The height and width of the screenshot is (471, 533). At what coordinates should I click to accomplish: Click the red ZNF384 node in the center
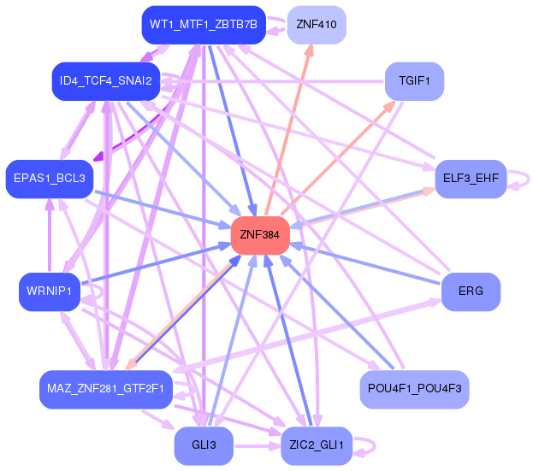260,235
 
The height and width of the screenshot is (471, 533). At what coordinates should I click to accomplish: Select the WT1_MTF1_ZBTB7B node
203,24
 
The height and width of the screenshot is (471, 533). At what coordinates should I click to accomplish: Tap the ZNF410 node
316,24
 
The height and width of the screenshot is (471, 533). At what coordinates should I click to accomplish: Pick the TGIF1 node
414,81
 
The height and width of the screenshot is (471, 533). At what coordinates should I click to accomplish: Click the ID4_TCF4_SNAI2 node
105,81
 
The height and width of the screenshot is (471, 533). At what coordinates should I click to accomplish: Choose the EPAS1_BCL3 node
49,179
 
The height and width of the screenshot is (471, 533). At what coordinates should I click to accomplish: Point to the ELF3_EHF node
471,179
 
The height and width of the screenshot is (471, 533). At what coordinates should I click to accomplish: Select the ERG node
471,291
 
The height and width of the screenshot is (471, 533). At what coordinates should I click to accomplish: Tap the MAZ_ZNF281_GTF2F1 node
105,389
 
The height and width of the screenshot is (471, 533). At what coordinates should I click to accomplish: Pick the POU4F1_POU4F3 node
414,389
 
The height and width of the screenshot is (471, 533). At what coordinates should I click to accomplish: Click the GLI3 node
203,446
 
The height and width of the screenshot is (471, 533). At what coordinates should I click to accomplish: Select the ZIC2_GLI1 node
316,446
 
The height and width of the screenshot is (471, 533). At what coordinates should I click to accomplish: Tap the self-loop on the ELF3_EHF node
524,180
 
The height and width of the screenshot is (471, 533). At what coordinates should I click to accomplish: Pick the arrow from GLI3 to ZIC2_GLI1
257,446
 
